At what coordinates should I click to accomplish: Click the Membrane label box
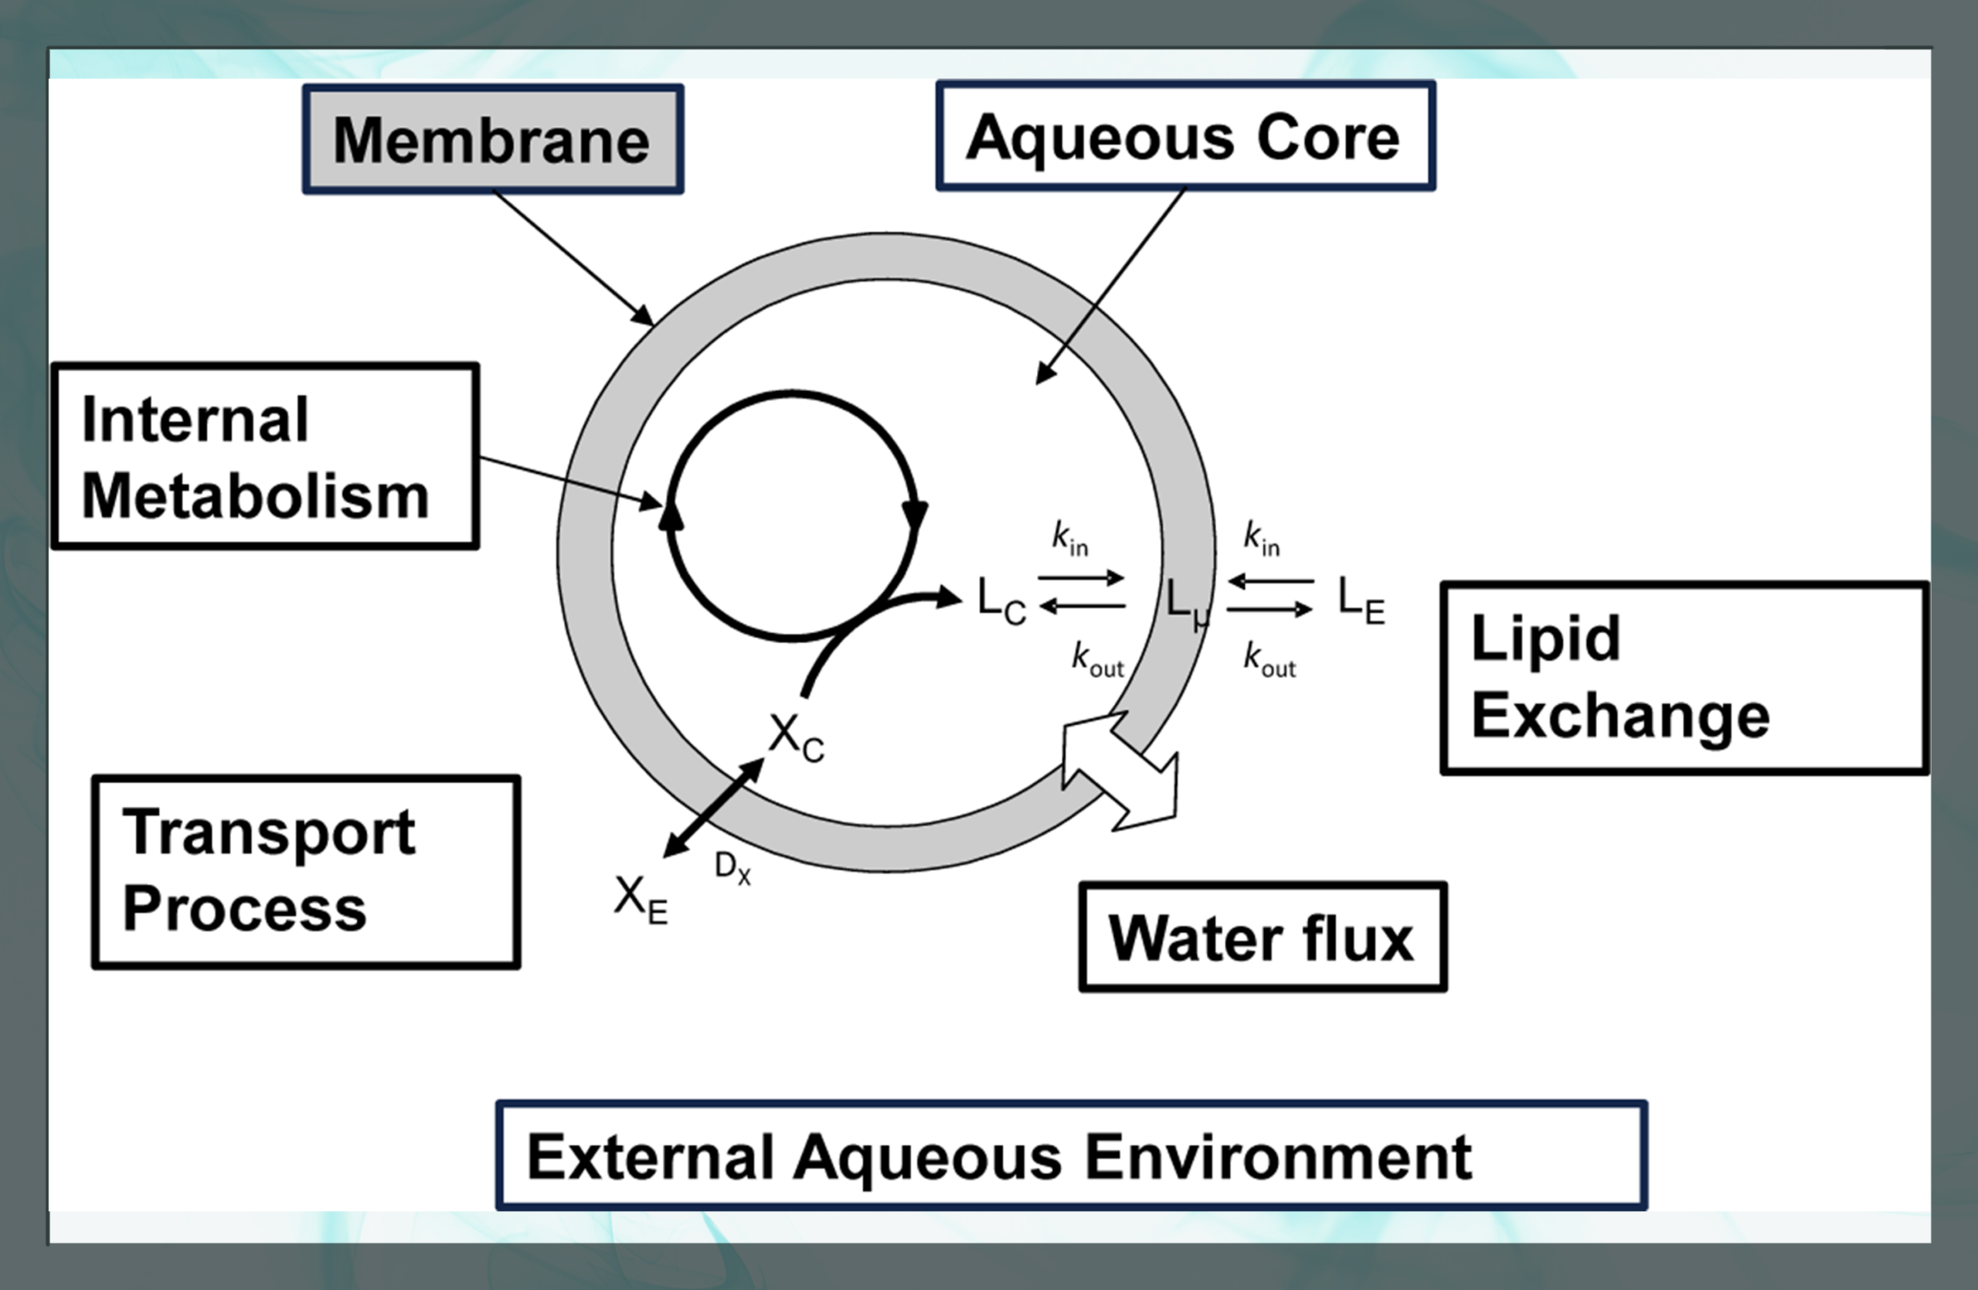(493, 140)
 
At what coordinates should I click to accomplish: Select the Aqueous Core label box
(1185, 136)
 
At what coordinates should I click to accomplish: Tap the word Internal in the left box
(195, 419)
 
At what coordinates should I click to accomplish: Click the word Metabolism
(255, 496)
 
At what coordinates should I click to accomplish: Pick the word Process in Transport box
(244, 907)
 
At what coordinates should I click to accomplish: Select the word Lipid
(1546, 638)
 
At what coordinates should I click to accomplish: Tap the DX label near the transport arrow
(732, 868)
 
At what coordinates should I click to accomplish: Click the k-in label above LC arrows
(1069, 539)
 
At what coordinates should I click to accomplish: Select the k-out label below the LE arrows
(1269, 659)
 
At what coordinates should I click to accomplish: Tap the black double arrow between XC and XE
(713, 808)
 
